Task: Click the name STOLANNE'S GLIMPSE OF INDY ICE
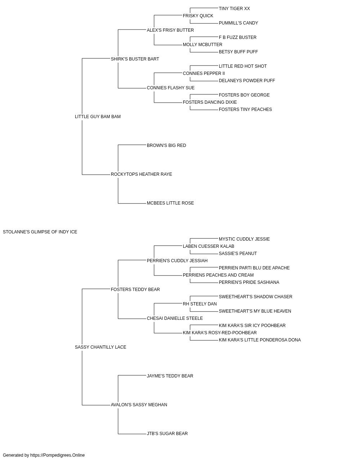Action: [x=40, y=232]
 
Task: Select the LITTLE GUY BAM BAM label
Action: [x=98, y=117]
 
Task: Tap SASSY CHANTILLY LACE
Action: [x=100, y=347]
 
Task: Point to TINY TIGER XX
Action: [x=234, y=9]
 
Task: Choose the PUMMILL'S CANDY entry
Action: [x=238, y=23]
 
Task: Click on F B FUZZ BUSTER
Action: [x=238, y=37]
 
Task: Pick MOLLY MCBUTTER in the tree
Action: [x=202, y=45]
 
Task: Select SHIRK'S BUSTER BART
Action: [x=135, y=59]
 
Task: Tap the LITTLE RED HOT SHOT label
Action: [x=243, y=66]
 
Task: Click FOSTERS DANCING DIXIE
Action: [x=210, y=102]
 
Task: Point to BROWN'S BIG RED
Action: [x=166, y=146]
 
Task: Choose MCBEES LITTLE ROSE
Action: [x=170, y=203]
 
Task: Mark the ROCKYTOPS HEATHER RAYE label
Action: [x=141, y=174]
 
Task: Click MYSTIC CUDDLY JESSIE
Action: [x=244, y=239]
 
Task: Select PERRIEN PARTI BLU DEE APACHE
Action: [x=254, y=268]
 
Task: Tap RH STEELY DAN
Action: [x=200, y=304]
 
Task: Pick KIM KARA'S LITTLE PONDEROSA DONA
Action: [x=260, y=340]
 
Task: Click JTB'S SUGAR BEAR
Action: [x=167, y=434]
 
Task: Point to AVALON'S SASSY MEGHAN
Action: [x=139, y=405]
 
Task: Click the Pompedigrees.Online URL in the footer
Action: [x=58, y=455]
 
